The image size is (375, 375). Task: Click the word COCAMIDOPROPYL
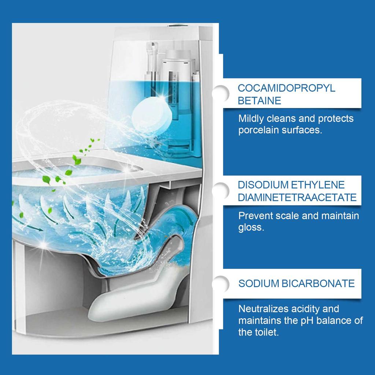coord(286,88)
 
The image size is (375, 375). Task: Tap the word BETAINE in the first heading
coord(259,101)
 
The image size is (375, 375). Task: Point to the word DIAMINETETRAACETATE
coord(297,197)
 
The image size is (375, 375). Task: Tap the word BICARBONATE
coord(318,283)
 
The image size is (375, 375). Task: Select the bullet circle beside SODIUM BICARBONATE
coord(221,284)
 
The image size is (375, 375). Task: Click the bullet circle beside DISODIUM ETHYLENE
coord(221,190)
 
